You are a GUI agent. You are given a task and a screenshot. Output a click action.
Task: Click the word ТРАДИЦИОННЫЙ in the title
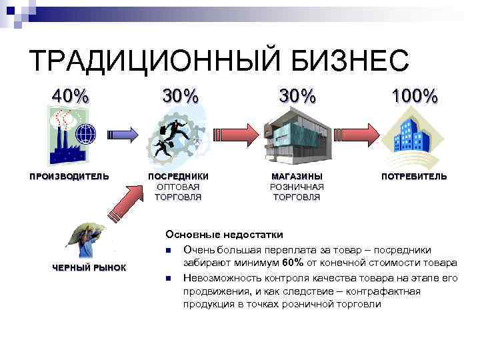pyautogui.click(x=153, y=62)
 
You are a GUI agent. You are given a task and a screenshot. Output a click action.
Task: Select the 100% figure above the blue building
pyautogui.click(x=414, y=97)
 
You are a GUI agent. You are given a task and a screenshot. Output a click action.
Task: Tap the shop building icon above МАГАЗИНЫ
pyautogui.click(x=297, y=137)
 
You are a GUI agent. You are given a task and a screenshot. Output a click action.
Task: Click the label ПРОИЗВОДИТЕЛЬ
pyautogui.click(x=69, y=177)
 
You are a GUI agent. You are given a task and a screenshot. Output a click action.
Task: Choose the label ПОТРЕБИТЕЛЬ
pyautogui.click(x=414, y=177)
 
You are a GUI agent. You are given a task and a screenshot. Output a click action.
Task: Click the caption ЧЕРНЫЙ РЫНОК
pyautogui.click(x=89, y=268)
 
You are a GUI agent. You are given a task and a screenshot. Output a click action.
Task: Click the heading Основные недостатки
pyautogui.click(x=224, y=235)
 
